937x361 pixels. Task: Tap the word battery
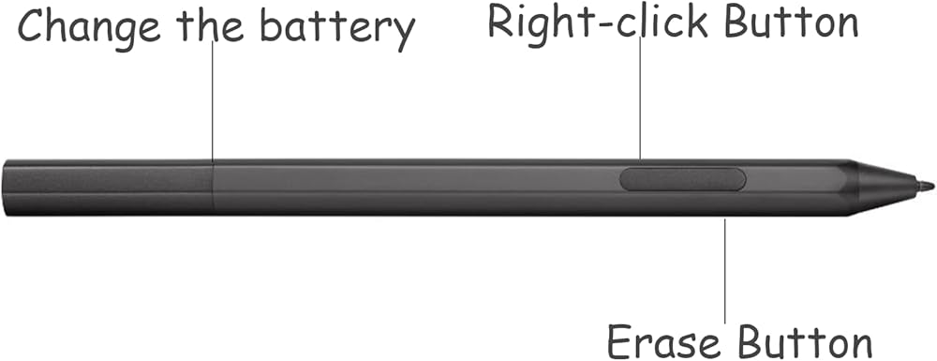[337, 29]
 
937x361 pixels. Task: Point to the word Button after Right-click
[791, 22]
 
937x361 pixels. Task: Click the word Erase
[664, 342]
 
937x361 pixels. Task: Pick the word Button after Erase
[804, 342]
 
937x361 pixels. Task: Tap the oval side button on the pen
[682, 179]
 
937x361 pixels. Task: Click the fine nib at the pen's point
[926, 187]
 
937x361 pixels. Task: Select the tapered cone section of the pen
[886, 186]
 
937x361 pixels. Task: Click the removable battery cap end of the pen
[108, 187]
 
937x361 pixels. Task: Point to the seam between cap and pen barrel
[214, 187]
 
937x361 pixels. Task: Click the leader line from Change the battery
[212, 101]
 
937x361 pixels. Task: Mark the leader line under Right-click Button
[640, 98]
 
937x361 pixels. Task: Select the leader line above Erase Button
[725, 271]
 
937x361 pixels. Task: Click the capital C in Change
[32, 25]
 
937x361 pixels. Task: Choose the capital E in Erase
[619, 342]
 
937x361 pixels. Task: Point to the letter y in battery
[404, 34]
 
